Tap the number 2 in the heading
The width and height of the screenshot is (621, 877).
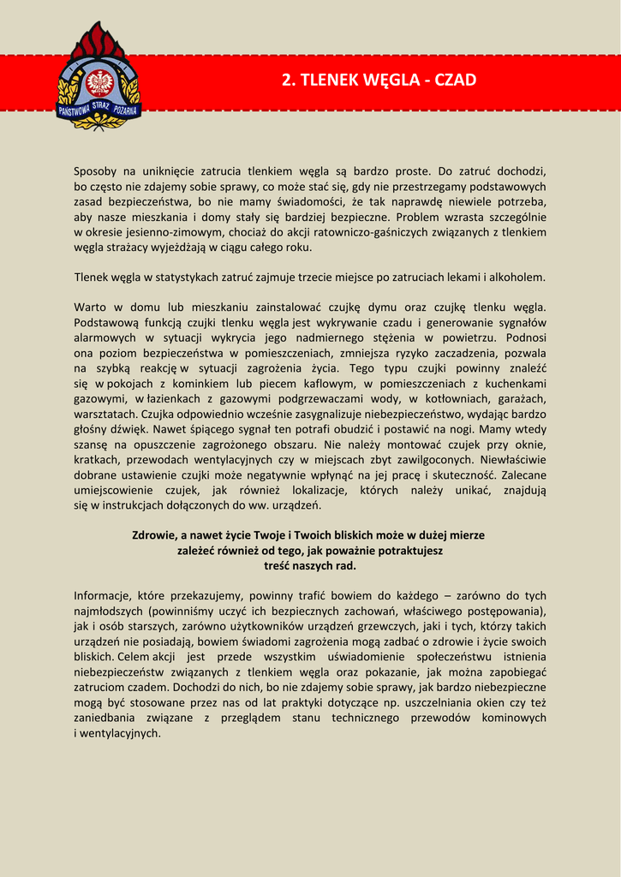coord(286,81)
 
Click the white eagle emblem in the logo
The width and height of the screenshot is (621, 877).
coord(100,82)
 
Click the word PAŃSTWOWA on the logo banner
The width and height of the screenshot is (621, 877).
coord(75,109)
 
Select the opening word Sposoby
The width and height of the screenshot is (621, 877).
coord(96,171)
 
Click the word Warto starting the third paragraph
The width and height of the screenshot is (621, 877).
coord(90,307)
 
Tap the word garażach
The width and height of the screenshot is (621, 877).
coord(522,399)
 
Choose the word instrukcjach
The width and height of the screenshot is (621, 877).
coord(124,506)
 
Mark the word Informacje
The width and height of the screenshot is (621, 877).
coord(104,595)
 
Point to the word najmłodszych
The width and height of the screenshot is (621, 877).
coord(108,611)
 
